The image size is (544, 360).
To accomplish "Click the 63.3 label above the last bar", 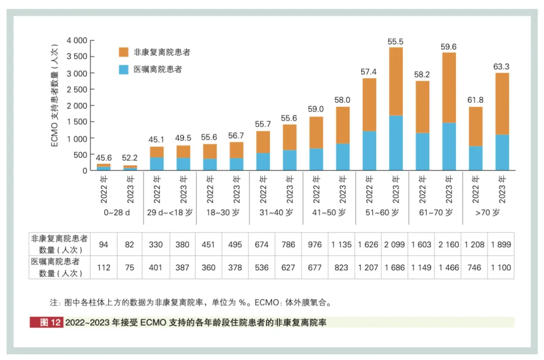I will [x=502, y=66].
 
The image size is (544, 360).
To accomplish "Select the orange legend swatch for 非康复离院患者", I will [x=123, y=52].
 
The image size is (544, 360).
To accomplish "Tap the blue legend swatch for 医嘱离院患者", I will [x=123, y=69].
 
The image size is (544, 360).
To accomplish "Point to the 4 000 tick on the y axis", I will [x=77, y=40].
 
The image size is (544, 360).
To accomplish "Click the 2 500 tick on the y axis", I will [x=77, y=89].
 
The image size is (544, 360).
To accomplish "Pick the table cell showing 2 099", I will [x=394, y=245].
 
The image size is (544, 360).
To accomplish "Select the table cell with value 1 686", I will [x=394, y=267].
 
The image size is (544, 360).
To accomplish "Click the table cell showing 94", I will [x=104, y=245].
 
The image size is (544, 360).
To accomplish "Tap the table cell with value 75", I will [x=130, y=267].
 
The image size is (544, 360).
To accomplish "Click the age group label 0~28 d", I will [x=117, y=212].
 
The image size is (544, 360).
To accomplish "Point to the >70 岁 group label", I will [x=488, y=212].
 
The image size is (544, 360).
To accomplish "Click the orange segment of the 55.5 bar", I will [x=395, y=81].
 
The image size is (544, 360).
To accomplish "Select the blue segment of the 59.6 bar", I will [x=449, y=147].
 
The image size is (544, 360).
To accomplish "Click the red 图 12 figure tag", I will [x=47, y=322].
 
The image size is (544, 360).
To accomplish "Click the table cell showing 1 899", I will [x=501, y=245].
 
